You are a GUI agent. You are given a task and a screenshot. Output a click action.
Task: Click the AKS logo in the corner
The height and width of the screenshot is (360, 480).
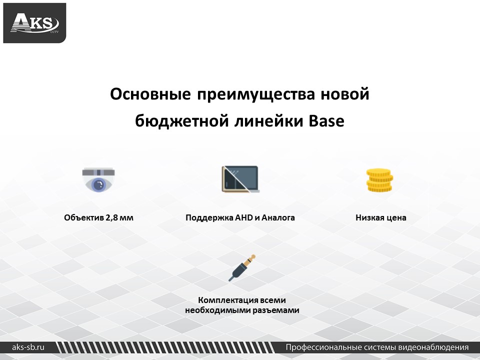(34, 23)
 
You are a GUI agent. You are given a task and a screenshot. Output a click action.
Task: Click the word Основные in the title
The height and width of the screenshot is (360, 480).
(150, 93)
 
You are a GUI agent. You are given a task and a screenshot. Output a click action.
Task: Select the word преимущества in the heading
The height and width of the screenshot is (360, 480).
(255, 94)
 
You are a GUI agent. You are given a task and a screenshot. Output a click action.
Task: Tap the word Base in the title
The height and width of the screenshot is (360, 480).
(326, 120)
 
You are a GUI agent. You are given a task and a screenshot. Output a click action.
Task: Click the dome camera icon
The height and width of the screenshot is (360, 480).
(98, 179)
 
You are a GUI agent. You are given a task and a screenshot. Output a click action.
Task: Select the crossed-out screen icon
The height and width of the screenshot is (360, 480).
(240, 179)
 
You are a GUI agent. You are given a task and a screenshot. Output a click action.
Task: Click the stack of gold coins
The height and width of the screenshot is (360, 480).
(379, 180)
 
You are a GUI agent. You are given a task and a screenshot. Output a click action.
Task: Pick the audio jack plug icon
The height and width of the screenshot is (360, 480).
(242, 268)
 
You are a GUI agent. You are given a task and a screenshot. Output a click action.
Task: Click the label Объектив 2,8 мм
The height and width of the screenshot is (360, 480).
(98, 217)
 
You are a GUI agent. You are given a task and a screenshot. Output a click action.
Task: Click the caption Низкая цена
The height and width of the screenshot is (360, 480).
(381, 217)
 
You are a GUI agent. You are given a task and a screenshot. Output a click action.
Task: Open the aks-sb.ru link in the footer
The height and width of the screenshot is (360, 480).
(28, 347)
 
